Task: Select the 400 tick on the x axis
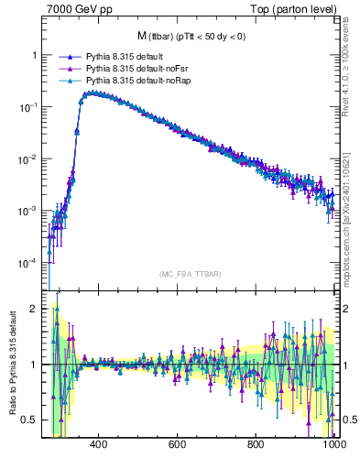click(x=100, y=444)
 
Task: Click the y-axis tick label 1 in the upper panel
click(x=35, y=55)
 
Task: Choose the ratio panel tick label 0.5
click(x=31, y=420)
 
